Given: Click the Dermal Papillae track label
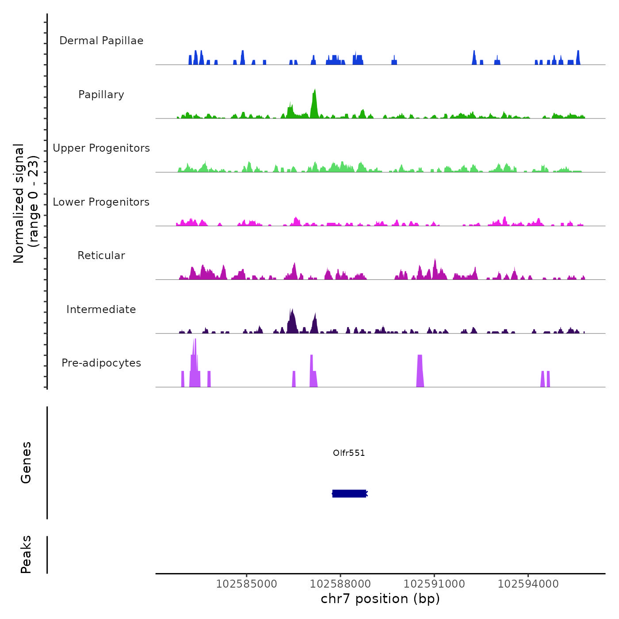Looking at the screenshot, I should pyautogui.click(x=101, y=41).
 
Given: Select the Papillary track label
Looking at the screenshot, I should pyautogui.click(x=101, y=95).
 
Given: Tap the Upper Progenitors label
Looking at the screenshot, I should pyautogui.click(x=101, y=148).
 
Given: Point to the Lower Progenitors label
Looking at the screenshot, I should pyautogui.click(x=101, y=202).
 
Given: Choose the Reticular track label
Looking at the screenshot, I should pyautogui.click(x=101, y=256).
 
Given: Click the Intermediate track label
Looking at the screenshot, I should pyautogui.click(x=101, y=309).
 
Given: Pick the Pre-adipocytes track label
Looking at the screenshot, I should pyautogui.click(x=101, y=363).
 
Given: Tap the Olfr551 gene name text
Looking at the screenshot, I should pyautogui.click(x=349, y=453).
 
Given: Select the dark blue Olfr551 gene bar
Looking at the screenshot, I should pyautogui.click(x=349, y=493).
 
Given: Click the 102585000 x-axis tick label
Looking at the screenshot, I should pyautogui.click(x=247, y=584).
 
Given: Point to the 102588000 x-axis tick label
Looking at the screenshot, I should pyautogui.click(x=340, y=584).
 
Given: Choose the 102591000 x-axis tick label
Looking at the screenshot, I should pyautogui.click(x=434, y=584).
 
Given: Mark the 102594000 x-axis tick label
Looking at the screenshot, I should pyautogui.click(x=528, y=584).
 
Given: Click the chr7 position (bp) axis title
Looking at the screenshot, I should pyautogui.click(x=380, y=599).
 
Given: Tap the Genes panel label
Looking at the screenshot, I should pyautogui.click(x=26, y=462).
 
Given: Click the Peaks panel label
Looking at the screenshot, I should pyautogui.click(x=26, y=554).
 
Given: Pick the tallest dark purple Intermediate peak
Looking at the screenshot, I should pyautogui.click(x=291, y=321).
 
